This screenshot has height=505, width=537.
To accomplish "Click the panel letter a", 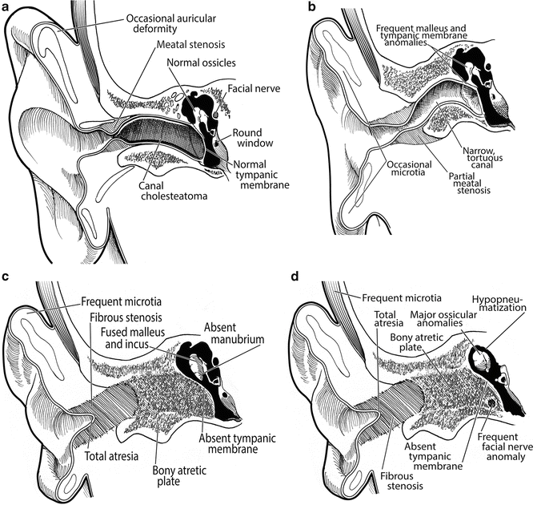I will tap(7, 8).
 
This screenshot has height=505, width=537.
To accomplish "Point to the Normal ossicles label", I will tap(199, 64).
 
